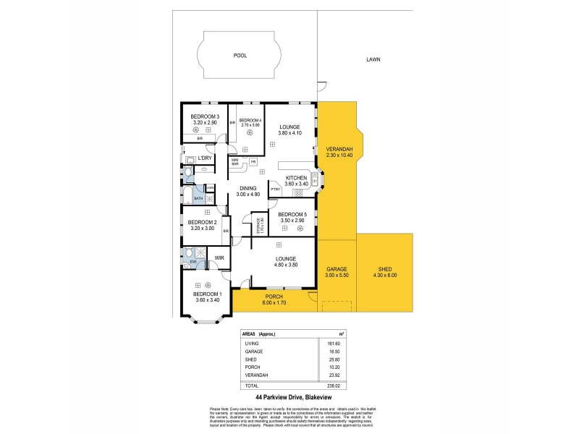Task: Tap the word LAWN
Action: click(x=373, y=59)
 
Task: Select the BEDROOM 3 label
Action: click(x=204, y=116)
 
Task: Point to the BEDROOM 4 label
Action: click(x=250, y=120)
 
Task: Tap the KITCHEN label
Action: click(x=297, y=178)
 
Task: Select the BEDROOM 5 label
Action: click(x=292, y=214)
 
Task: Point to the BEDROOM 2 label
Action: click(x=202, y=223)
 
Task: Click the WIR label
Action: click(x=219, y=258)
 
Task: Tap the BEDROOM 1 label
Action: click(x=207, y=294)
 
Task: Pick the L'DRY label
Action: click(x=205, y=158)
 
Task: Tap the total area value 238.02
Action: click(x=332, y=386)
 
